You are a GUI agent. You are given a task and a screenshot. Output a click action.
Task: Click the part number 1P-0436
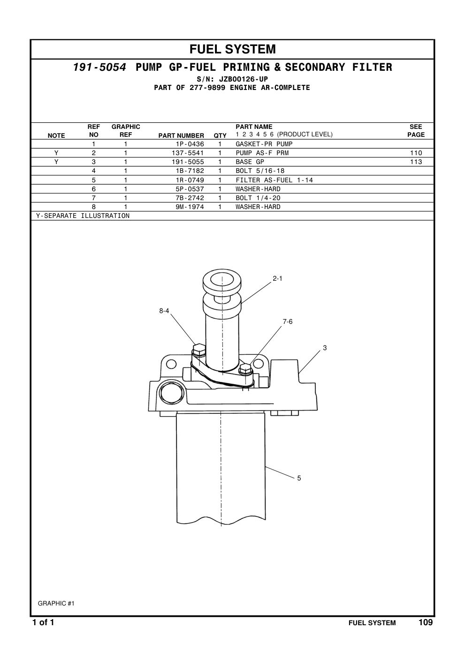click(190, 144)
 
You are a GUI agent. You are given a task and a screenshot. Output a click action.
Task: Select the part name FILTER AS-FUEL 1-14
click(274, 180)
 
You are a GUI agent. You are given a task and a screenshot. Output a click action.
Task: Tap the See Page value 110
click(416, 153)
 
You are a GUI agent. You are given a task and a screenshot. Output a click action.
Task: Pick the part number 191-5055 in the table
click(188, 162)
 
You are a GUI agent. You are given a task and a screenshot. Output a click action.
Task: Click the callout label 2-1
click(277, 278)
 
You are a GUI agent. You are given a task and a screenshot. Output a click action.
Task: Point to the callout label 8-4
click(164, 311)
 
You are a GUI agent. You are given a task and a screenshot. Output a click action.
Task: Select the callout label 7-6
click(288, 322)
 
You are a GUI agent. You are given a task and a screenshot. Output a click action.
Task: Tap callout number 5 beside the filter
click(299, 478)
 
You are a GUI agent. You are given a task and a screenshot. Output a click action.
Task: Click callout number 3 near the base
click(325, 348)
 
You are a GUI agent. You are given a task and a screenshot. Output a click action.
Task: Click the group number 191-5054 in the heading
click(99, 67)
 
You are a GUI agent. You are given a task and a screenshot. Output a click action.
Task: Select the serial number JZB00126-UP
click(243, 79)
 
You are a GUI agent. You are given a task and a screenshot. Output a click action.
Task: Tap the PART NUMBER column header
click(181, 135)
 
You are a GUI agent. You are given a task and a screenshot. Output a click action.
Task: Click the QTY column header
click(220, 135)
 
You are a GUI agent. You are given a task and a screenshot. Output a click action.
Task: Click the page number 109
click(426, 622)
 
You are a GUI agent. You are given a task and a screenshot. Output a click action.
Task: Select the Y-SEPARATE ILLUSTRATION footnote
click(83, 216)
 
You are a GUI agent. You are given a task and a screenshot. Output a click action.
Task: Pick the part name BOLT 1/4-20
click(258, 198)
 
